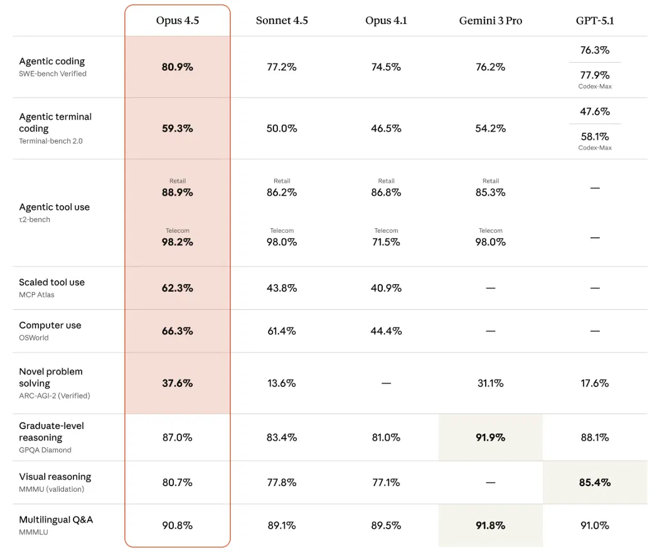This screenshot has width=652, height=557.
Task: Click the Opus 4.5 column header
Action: (x=178, y=20)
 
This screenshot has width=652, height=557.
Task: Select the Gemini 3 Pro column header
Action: (x=491, y=20)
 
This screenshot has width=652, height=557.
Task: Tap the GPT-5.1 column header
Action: (x=595, y=20)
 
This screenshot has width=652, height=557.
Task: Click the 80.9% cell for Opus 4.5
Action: (x=178, y=67)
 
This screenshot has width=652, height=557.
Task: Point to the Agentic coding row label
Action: (x=52, y=61)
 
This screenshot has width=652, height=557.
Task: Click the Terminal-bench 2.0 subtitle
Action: (x=51, y=141)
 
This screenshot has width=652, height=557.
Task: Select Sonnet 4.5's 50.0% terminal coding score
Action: (x=282, y=129)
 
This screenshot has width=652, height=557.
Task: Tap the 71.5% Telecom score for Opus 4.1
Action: (x=387, y=242)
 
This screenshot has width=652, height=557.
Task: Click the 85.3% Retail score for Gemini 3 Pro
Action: (x=491, y=193)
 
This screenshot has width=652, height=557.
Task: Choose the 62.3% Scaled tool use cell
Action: (x=178, y=288)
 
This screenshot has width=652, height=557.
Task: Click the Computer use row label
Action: (x=50, y=325)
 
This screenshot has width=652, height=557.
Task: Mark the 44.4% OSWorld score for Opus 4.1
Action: (x=387, y=331)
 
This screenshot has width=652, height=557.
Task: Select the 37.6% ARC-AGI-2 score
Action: (x=178, y=383)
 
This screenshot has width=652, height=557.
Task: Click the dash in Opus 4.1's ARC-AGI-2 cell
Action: (x=387, y=383)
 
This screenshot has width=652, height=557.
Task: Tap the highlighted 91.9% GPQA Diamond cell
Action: (x=491, y=437)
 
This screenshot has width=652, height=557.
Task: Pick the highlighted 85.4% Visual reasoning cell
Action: (x=595, y=482)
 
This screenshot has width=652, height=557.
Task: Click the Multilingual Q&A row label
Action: (x=56, y=519)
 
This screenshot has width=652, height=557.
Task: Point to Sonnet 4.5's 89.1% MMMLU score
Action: (x=282, y=526)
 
